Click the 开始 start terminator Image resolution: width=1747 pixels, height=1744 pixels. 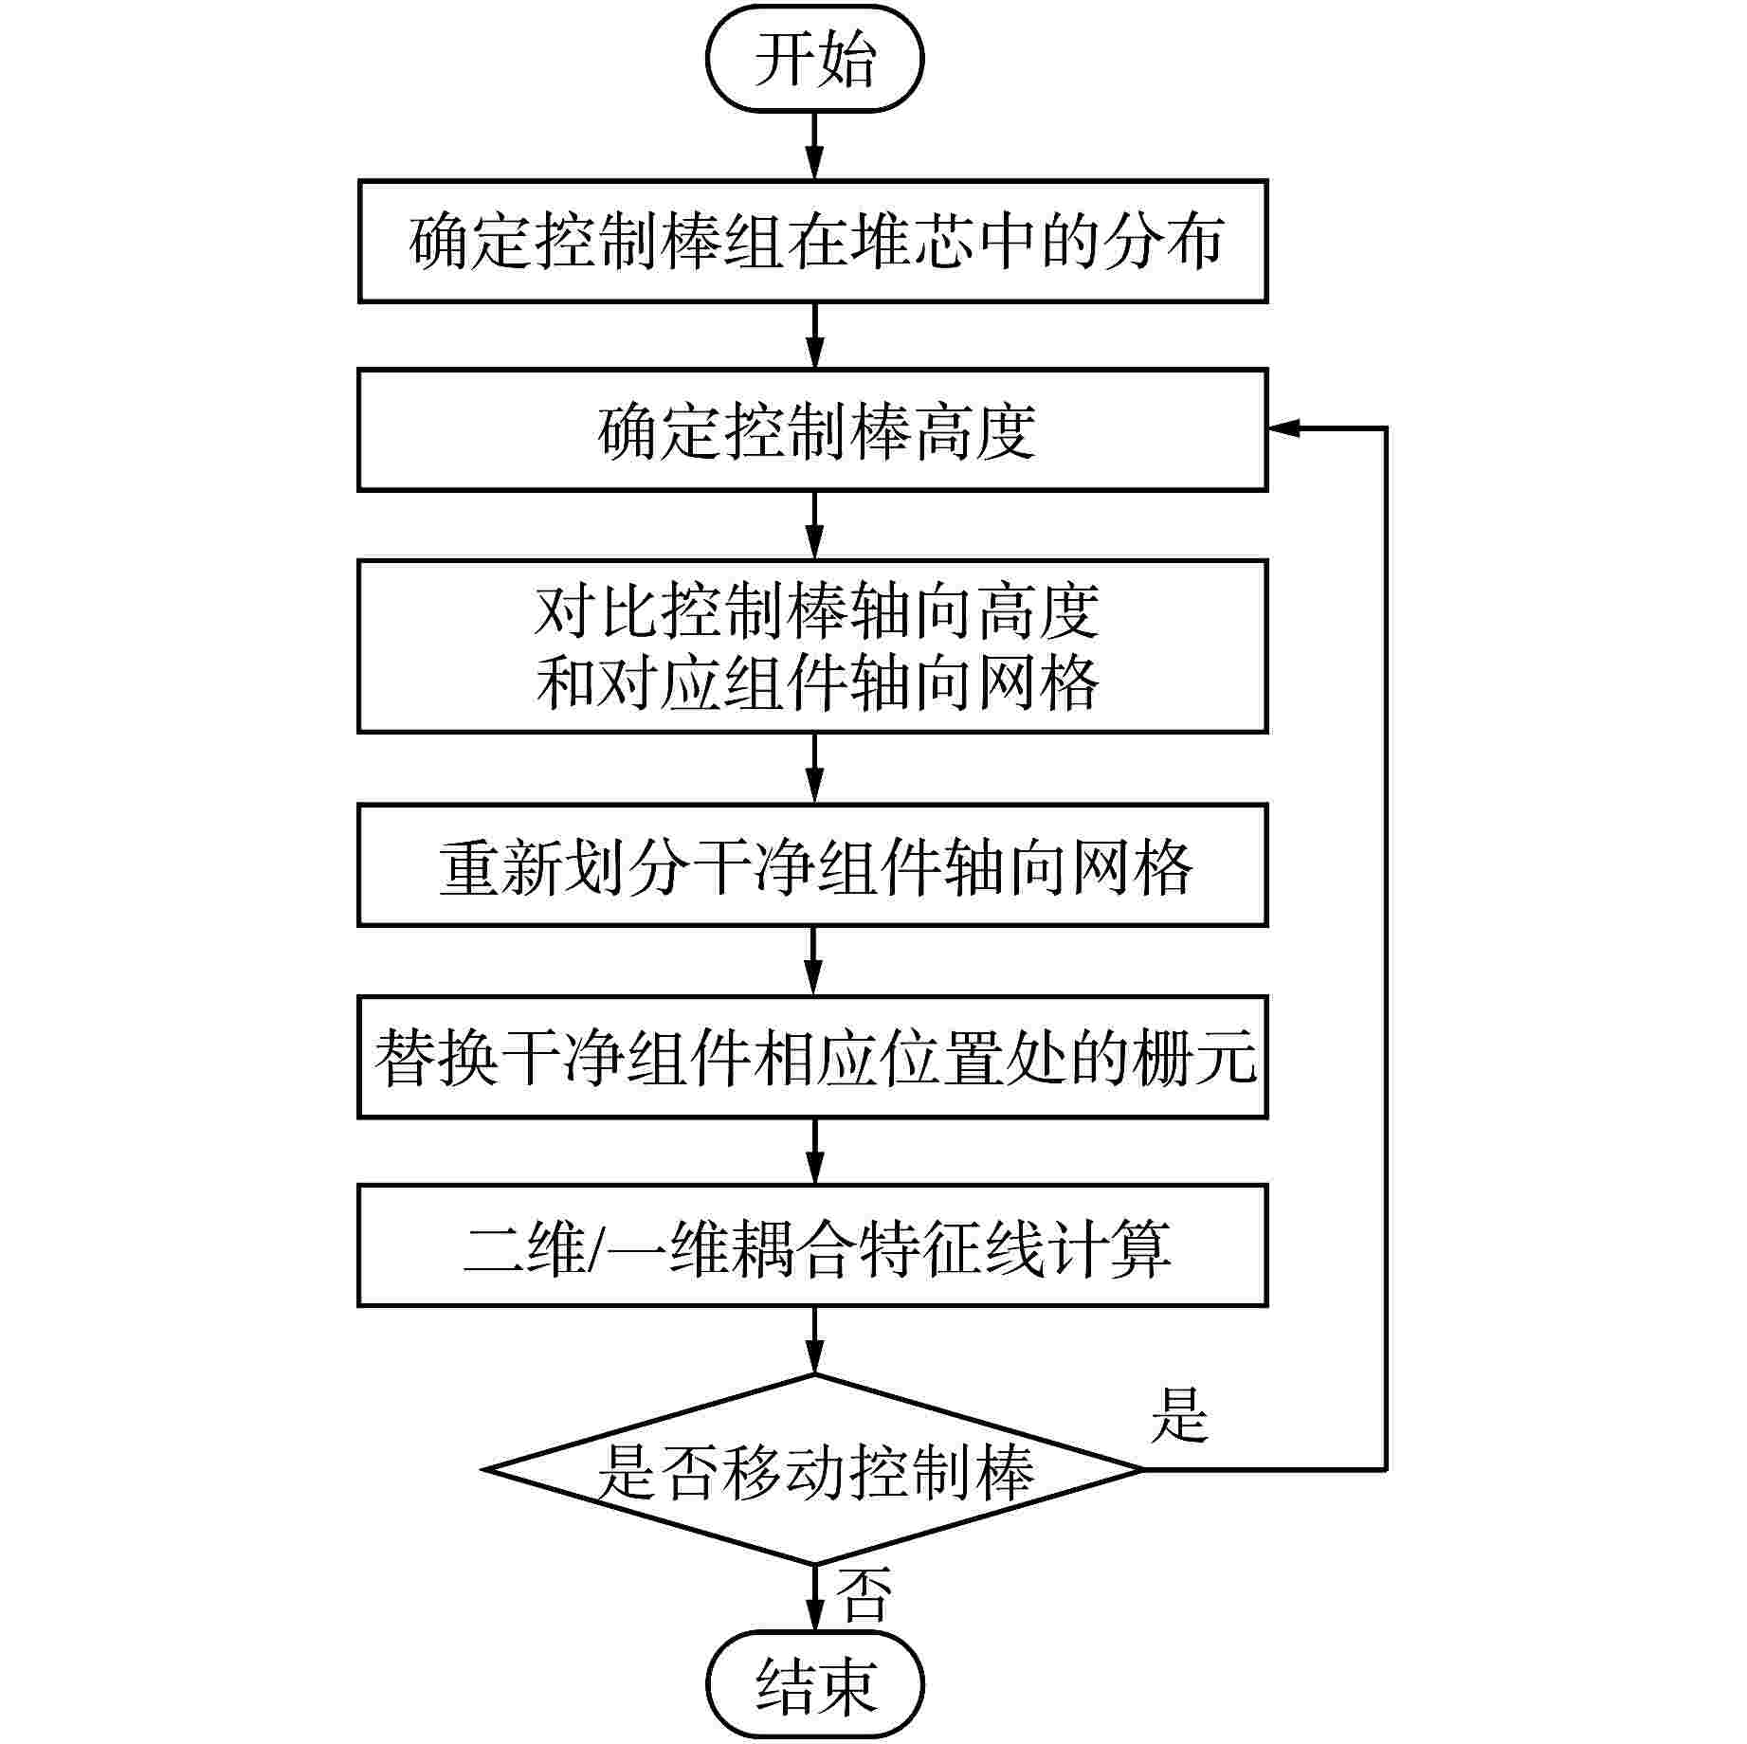pyautogui.click(x=814, y=59)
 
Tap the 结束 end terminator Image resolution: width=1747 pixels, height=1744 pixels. pyautogui.click(x=814, y=1685)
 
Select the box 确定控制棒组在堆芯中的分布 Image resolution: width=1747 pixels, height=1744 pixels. pyautogui.click(x=812, y=242)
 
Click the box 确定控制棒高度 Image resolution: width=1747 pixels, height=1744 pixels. pyautogui.click(x=812, y=430)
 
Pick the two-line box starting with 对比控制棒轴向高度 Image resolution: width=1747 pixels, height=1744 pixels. pyautogui.click(x=812, y=646)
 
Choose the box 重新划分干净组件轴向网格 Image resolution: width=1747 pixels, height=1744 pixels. pyautogui.click(x=812, y=865)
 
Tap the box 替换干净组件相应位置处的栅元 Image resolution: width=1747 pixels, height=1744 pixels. pyautogui.click(x=812, y=1057)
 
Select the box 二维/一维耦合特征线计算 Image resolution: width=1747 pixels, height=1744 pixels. pyautogui.click(x=812, y=1245)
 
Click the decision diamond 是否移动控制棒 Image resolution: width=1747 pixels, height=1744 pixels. pyautogui.click(x=813, y=1470)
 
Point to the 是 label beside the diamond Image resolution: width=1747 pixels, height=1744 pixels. pyautogui.click(x=1179, y=1416)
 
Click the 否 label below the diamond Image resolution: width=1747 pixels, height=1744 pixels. pyautogui.click(x=864, y=1594)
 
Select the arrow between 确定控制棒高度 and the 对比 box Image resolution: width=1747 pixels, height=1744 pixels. pyautogui.click(x=814, y=525)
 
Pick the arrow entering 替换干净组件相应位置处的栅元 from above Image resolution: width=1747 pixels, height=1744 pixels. pyautogui.click(x=814, y=961)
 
